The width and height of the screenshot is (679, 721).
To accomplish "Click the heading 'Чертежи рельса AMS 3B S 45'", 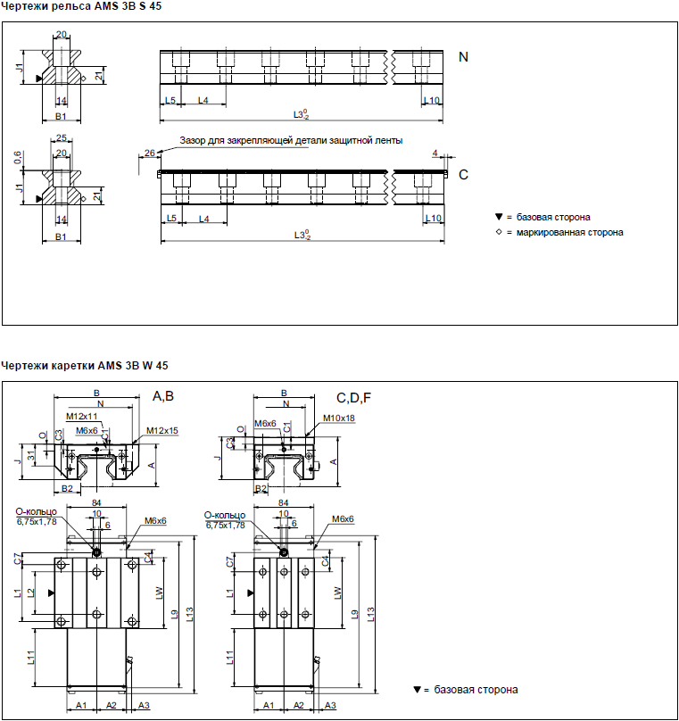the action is point(81,6).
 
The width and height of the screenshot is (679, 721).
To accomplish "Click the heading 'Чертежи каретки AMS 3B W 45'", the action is point(85,366).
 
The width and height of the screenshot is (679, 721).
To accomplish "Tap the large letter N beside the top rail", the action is point(463,57).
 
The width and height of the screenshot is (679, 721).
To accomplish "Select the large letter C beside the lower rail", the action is point(463,175).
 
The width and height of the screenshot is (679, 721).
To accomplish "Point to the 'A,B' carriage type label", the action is point(163,396).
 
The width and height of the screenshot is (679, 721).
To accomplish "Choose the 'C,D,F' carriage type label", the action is point(353,398).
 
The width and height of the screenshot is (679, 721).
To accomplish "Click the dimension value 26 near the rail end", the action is point(150,153).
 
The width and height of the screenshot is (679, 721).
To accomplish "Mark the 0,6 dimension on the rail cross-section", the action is point(18,158).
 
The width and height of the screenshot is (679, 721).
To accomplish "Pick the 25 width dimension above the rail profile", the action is point(62,138).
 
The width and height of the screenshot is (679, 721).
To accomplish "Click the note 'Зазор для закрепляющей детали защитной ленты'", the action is point(291,140).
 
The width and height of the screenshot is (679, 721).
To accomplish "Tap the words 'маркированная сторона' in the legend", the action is point(569,232).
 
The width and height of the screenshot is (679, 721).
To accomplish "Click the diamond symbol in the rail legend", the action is point(499,232).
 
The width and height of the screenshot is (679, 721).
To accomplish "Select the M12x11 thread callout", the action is point(82,417).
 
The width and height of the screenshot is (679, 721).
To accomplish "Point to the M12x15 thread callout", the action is point(162,431).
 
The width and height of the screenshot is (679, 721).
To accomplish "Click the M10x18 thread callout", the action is point(339,419).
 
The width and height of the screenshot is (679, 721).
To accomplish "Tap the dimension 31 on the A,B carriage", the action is point(31,455).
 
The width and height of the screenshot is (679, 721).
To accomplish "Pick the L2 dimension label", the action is point(31,593).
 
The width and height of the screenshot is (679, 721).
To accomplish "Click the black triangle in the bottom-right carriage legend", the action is point(418,689).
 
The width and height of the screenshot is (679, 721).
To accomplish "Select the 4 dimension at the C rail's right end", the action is point(435,153).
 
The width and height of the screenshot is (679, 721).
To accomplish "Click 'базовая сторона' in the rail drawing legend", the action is point(553,217).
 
